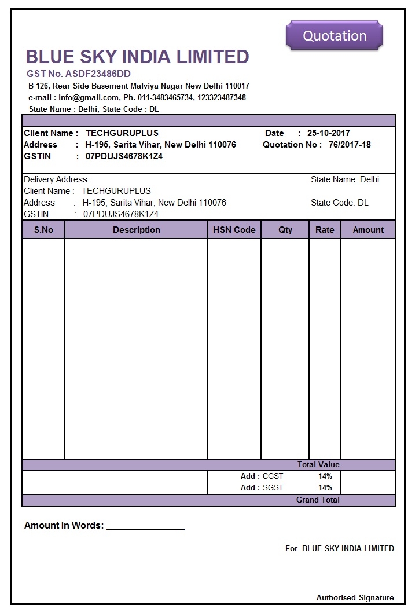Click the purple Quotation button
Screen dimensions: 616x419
(x=335, y=36)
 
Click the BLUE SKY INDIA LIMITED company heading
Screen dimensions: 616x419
(x=137, y=57)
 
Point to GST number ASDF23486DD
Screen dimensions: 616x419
(x=79, y=74)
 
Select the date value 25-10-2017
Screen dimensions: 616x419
(x=329, y=133)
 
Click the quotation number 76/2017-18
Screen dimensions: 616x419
(x=350, y=145)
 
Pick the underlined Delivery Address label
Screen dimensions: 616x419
(x=57, y=179)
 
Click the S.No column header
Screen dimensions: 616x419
(x=43, y=230)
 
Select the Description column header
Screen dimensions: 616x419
(x=137, y=230)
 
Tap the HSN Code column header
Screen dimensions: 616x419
(x=234, y=230)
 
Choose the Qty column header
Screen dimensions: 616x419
(x=285, y=230)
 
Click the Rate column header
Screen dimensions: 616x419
(x=325, y=230)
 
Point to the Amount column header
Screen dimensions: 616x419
(x=368, y=230)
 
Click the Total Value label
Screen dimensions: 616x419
(x=318, y=464)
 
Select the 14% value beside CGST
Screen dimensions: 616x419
(x=325, y=476)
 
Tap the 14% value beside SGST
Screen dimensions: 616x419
(x=325, y=487)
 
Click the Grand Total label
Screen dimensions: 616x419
(x=318, y=500)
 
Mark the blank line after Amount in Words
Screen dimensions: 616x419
(x=145, y=526)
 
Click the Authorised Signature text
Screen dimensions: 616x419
(x=355, y=597)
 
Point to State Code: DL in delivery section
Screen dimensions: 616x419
(x=340, y=203)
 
